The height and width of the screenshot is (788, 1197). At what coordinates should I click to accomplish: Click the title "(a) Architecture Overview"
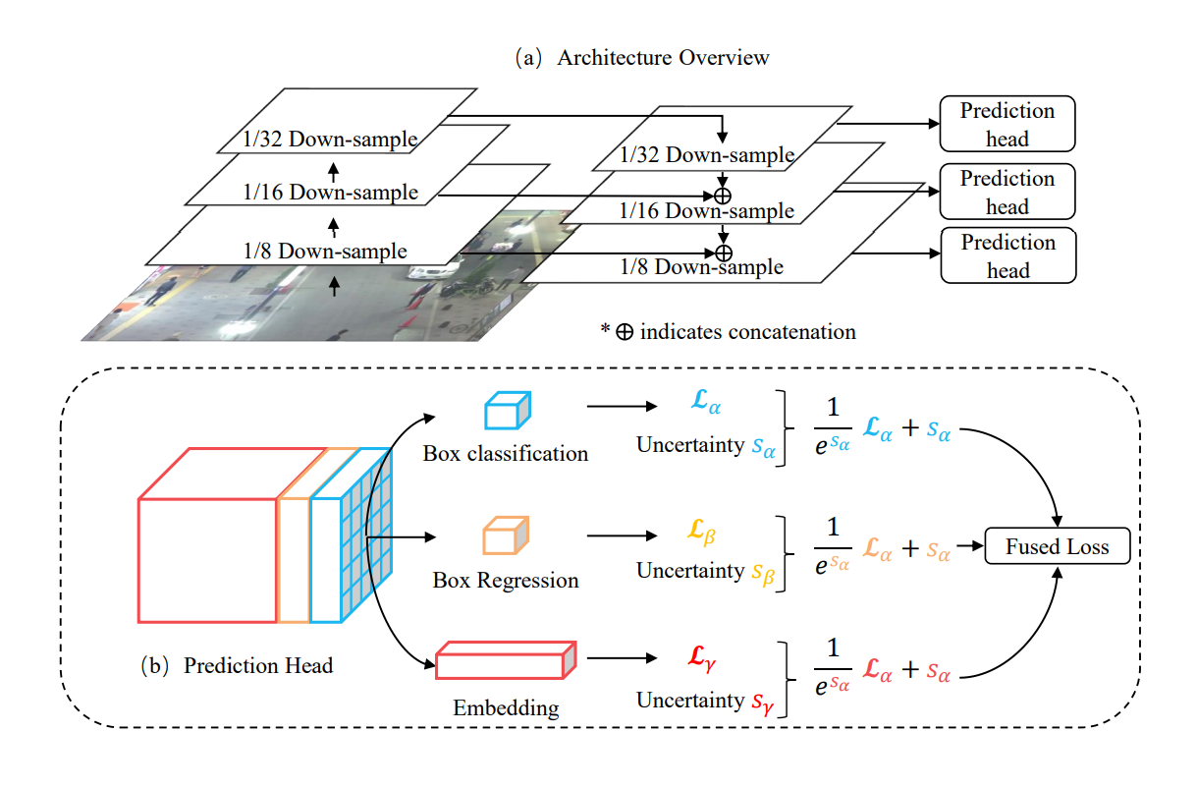click(x=643, y=57)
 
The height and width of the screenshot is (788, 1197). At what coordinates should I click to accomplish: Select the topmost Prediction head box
click(x=1007, y=124)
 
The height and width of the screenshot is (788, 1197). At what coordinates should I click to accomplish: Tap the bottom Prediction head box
click(x=1007, y=255)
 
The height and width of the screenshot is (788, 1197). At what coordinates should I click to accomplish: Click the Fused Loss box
click(x=1057, y=546)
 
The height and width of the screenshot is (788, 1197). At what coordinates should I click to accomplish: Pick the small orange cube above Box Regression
click(x=506, y=536)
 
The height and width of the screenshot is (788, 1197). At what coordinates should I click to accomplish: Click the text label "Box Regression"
click(x=506, y=580)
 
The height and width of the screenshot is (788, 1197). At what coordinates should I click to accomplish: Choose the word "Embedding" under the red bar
click(x=506, y=707)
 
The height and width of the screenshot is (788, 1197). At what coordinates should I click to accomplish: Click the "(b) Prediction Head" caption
click(x=237, y=665)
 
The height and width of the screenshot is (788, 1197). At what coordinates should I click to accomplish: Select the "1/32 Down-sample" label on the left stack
click(x=329, y=140)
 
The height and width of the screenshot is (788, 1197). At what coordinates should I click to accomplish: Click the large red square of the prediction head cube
click(x=207, y=560)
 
